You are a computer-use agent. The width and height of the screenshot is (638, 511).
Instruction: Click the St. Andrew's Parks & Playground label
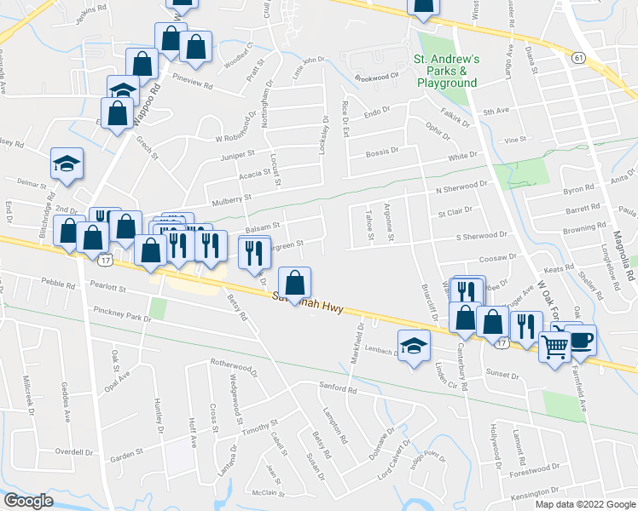coord(446,72)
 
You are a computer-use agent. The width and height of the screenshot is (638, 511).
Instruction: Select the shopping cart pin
coord(554,346)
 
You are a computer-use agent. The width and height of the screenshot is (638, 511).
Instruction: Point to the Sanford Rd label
coord(339,390)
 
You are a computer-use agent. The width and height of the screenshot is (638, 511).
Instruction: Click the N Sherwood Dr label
coord(461,187)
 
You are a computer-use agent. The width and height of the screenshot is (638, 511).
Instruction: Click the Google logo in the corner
coord(28,500)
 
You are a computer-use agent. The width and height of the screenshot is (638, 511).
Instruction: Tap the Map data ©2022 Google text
coord(584,504)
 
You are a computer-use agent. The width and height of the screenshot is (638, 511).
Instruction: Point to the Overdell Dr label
coord(72,451)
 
